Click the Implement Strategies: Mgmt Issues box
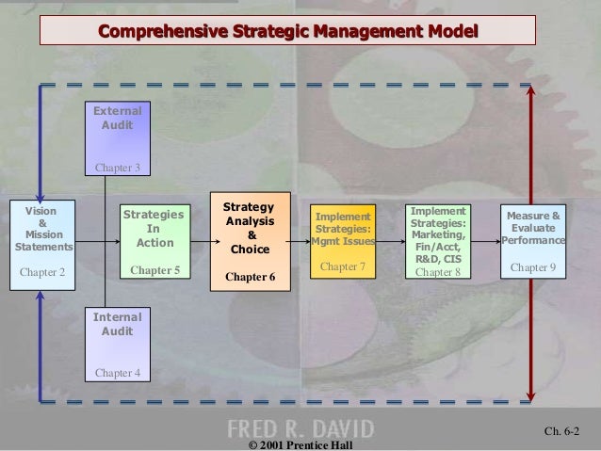(343, 242)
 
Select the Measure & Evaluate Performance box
(534, 242)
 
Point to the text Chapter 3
(117, 169)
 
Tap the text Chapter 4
(117, 373)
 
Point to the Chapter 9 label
(534, 267)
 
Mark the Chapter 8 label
(438, 273)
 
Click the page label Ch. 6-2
(562, 432)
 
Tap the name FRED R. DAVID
(300, 427)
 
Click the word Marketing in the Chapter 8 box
(439, 234)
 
